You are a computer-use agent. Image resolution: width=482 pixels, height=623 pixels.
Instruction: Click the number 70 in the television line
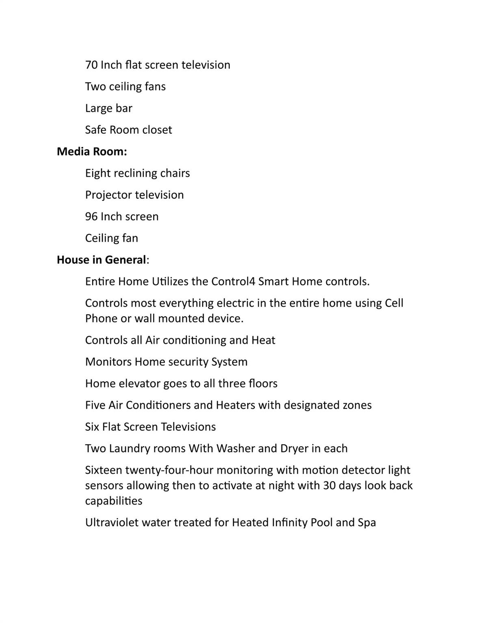91,65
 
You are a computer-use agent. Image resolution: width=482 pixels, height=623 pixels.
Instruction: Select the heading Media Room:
92,152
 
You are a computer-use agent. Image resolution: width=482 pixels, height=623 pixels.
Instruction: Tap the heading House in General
101,260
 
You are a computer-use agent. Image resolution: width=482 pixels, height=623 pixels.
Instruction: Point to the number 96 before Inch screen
91,217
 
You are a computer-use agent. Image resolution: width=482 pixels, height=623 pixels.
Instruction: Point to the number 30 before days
330,486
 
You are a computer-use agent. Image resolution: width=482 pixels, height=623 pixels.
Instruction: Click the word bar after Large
124,108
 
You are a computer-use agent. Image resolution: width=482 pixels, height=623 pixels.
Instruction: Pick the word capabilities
114,501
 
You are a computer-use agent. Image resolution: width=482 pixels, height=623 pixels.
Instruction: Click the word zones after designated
356,405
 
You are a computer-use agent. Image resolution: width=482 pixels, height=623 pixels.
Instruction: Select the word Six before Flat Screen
92,427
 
